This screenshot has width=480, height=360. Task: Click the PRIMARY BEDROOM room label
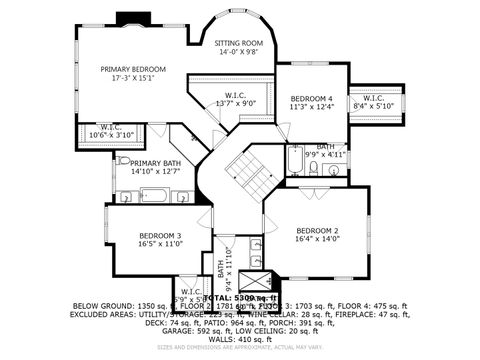[133, 69]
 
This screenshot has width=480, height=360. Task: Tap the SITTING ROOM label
[239, 43]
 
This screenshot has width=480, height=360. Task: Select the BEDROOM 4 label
[311, 98]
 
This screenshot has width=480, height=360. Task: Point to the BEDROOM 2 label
[317, 229]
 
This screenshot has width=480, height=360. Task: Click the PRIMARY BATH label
[155, 163]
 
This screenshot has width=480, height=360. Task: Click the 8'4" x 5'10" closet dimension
[374, 105]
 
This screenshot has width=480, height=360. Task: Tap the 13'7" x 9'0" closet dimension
[235, 102]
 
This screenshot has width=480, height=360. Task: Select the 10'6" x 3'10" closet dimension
[111, 134]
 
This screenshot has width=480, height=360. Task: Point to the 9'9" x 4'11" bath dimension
[325, 155]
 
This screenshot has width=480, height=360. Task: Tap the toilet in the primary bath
[122, 159]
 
